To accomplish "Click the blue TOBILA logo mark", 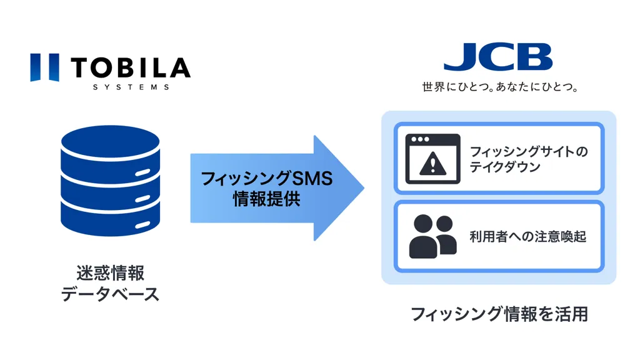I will point(44,67).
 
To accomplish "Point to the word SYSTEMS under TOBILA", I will point(131,87).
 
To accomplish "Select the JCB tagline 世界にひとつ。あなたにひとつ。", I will point(500,87).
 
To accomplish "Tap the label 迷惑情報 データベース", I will point(110,283).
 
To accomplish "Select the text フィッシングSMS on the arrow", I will point(267,179).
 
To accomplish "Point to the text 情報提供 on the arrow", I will point(267,199).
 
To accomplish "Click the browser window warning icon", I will point(432,159).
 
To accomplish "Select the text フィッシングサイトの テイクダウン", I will point(529,159).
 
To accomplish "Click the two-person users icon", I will point(432,236).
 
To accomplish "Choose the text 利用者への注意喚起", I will point(527,237).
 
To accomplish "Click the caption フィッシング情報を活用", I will point(499,313).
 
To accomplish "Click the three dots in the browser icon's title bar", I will point(419,139).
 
